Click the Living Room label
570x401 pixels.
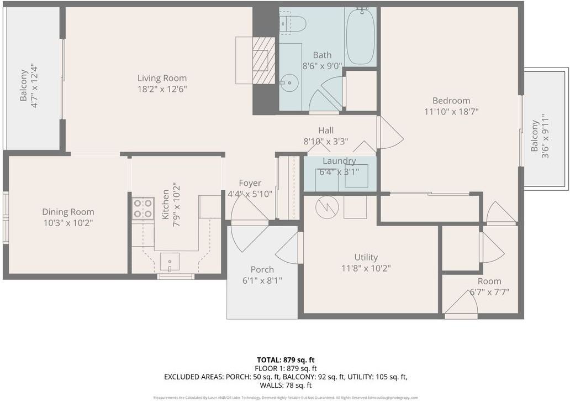tap(162, 78)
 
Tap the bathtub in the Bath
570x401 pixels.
tap(360, 37)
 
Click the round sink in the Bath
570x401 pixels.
tap(288, 84)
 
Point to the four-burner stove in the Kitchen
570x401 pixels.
tap(142, 209)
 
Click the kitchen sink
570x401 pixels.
tap(170, 261)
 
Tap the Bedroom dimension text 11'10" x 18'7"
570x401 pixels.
tap(451, 111)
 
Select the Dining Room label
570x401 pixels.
tap(68, 212)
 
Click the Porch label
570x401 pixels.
tap(262, 269)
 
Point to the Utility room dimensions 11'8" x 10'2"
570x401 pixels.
tap(366, 268)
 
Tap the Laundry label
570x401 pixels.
tap(339, 161)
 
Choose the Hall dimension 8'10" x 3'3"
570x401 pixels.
tap(325, 141)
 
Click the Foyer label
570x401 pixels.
tap(250, 183)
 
